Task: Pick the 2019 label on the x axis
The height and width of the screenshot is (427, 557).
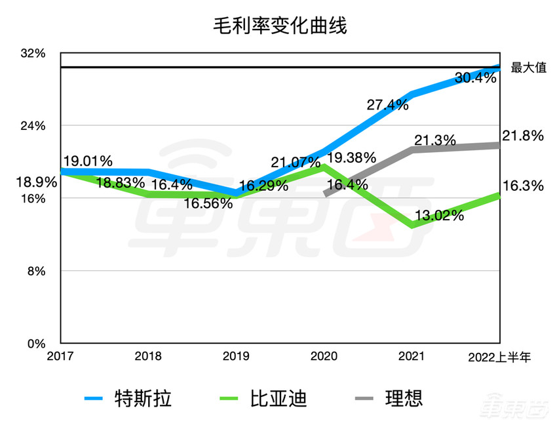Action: (x=236, y=357)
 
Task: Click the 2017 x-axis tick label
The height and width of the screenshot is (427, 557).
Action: (x=60, y=357)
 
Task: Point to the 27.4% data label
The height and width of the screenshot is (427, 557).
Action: (x=388, y=104)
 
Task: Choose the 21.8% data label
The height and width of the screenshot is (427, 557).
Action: (x=523, y=136)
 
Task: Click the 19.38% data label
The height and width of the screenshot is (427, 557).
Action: (x=351, y=157)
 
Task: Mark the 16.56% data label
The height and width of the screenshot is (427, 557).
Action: (x=208, y=203)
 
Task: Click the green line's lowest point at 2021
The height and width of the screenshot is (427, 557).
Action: (x=412, y=225)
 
